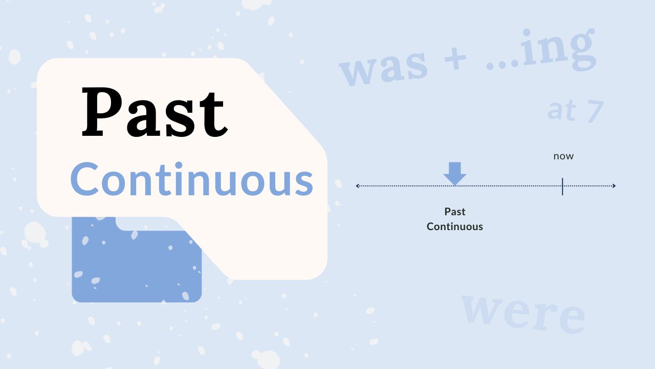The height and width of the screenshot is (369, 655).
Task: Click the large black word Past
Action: [x=155, y=112]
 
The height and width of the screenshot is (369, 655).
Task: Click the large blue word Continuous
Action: [x=192, y=179]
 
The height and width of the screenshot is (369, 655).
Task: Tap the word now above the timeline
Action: [x=563, y=156]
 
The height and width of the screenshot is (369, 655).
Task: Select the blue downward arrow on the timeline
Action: [x=455, y=174]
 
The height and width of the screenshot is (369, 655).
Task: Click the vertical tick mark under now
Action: [x=562, y=186]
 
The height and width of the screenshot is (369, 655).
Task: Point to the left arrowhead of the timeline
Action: [x=357, y=186]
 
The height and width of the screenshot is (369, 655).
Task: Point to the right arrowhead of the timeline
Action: [x=614, y=186]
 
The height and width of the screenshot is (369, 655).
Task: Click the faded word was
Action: [x=384, y=68]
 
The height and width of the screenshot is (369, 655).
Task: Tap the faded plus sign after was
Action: [x=455, y=58]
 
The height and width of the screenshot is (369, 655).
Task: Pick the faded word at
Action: [x=562, y=110]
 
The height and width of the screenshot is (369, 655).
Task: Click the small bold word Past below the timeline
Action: [x=455, y=212]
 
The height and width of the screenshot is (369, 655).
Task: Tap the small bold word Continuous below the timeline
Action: [x=455, y=227]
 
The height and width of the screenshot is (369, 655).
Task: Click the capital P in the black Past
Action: [x=102, y=112]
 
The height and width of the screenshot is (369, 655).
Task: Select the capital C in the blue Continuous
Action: [x=84, y=179]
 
